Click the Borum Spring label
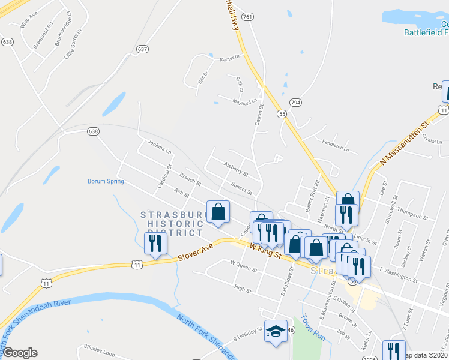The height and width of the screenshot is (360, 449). [x=106, y=181]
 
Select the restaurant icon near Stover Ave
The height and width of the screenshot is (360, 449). [x=155, y=244]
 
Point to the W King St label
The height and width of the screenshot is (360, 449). [x=265, y=250]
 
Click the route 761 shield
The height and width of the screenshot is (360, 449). [x=247, y=17]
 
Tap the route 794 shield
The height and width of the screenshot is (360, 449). [x=295, y=103]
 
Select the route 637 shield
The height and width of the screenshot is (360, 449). [x=142, y=49]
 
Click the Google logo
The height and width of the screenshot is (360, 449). [x=20, y=353]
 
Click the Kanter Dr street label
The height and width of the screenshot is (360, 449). [x=229, y=58]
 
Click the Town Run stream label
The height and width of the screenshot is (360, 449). [x=313, y=328]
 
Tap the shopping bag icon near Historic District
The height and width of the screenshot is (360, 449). [x=218, y=212]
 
